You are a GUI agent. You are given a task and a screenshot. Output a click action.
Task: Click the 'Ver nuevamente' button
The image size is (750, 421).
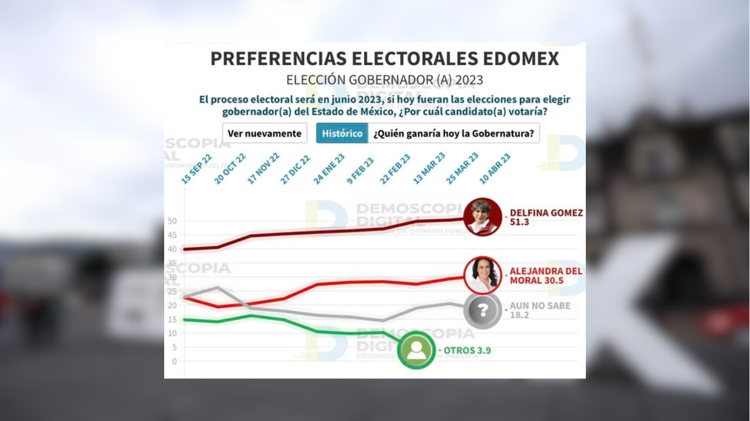[265, 133]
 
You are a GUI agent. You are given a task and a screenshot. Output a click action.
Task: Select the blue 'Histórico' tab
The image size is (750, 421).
[342, 133]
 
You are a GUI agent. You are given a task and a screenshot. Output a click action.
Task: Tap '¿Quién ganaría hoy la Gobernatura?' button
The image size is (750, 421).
[454, 133]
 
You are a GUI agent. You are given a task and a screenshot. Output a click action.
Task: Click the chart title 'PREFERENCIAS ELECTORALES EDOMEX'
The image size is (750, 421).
[384, 59]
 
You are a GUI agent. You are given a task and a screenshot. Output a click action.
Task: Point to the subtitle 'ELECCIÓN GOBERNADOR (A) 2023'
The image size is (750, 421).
[384, 80]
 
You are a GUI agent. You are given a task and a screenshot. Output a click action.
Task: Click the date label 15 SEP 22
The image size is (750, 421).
[197, 168]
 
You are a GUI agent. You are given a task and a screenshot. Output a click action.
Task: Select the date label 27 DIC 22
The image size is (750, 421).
[295, 169]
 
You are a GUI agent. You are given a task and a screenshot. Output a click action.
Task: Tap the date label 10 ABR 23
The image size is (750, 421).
[495, 168]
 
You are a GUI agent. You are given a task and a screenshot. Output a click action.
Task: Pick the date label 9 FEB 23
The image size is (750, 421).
[360, 170]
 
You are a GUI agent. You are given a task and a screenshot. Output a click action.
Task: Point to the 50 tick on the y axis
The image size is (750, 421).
[172, 221]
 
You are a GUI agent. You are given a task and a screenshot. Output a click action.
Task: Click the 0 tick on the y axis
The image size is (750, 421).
[174, 361]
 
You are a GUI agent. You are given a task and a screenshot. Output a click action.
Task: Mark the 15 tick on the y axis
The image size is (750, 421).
[172, 319]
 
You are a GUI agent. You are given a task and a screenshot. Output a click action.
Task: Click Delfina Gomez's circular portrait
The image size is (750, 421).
[483, 217]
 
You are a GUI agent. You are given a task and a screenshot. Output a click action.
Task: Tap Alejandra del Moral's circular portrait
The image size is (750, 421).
[483, 275]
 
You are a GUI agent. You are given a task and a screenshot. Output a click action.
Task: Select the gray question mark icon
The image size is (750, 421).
[483, 311]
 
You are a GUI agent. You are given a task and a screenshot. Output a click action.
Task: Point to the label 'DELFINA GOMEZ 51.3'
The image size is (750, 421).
[546, 218]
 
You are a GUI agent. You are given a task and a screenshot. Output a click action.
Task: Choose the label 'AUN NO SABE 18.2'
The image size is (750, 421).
[540, 311]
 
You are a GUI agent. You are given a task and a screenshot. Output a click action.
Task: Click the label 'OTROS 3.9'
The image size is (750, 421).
[467, 350]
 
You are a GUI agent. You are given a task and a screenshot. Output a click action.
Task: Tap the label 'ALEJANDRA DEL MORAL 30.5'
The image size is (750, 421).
[546, 276]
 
